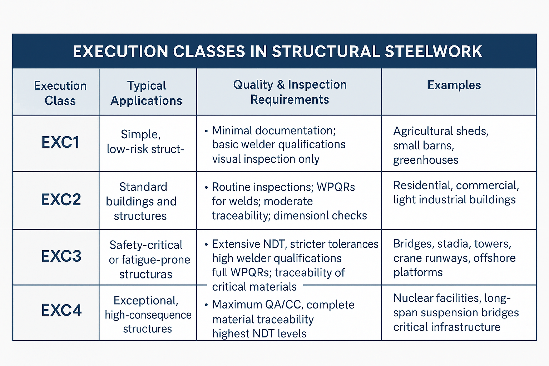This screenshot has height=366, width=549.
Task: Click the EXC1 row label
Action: [60, 142]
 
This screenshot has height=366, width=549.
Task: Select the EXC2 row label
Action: [61, 199]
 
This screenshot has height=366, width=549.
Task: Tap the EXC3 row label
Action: [61, 256]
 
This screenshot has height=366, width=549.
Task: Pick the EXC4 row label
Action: [61, 310]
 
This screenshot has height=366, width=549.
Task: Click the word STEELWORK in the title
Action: [434, 51]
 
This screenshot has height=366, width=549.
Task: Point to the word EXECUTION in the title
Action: [120, 51]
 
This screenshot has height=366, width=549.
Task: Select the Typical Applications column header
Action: [147, 93]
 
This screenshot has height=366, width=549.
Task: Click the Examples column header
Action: [454, 85]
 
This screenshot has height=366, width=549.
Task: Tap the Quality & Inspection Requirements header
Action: [290, 92]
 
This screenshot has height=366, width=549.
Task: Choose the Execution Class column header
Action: [60, 93]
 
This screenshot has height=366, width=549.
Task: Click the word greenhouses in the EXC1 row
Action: [426, 160]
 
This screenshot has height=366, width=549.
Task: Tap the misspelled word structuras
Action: [145, 274]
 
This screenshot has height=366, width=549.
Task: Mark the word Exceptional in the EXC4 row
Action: [146, 300]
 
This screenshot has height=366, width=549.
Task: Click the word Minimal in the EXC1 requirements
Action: [233, 130]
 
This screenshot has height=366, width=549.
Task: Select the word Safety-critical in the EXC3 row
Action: [146, 245]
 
